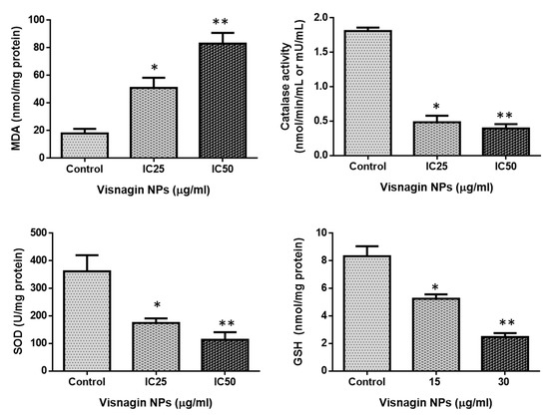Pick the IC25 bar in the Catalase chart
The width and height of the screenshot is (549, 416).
click(407, 139)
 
